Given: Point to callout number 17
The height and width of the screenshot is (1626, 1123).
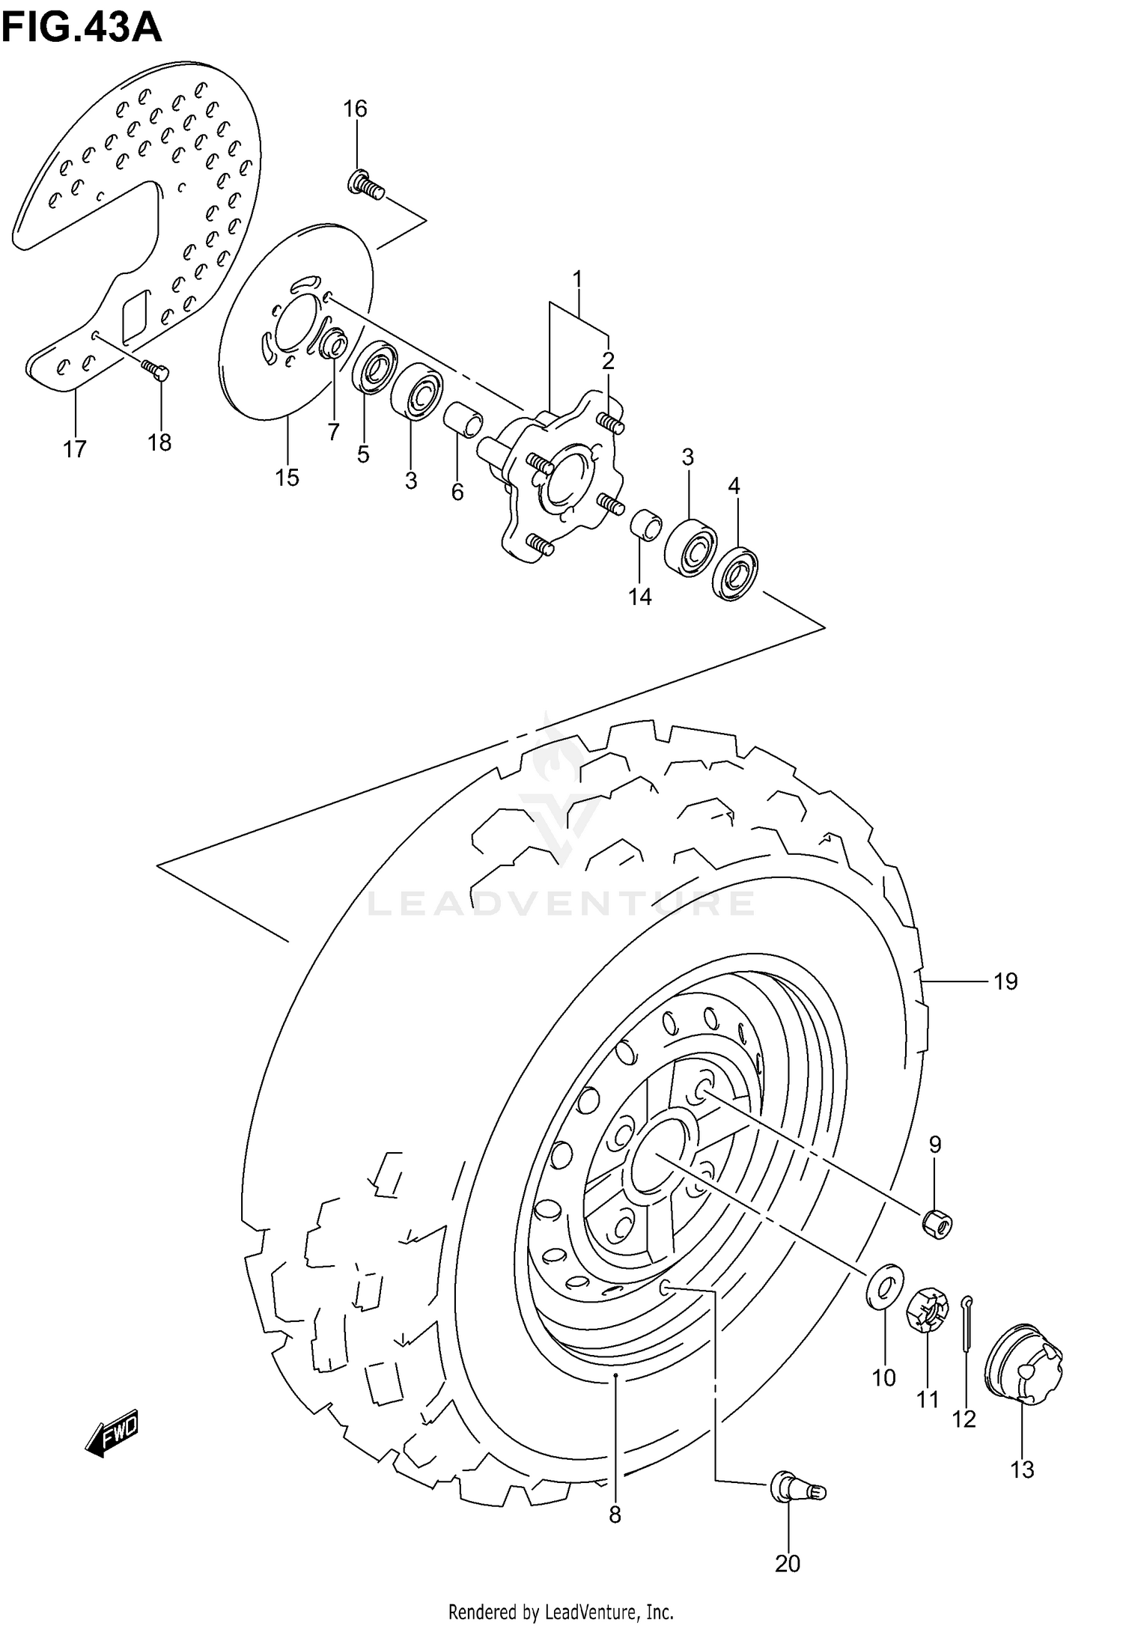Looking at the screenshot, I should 75,449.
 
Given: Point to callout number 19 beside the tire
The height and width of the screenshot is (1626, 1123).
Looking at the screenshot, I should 1005,981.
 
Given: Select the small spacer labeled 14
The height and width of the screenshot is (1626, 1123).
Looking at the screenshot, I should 647,524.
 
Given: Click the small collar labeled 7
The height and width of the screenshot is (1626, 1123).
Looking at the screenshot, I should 332,345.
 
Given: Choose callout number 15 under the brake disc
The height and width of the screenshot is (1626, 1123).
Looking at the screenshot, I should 287,477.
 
